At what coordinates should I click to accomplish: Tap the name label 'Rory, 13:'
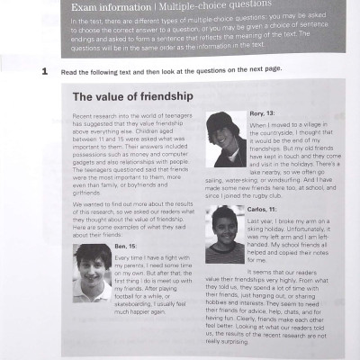tap(263, 112)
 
